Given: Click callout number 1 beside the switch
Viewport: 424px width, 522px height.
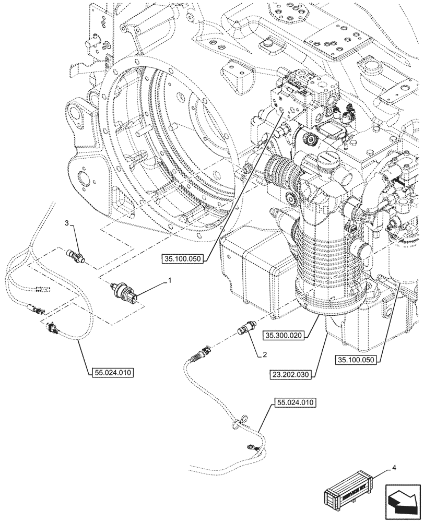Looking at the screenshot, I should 169,281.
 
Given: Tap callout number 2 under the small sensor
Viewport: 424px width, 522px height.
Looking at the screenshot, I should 265,355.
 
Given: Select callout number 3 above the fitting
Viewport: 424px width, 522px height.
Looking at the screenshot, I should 66,223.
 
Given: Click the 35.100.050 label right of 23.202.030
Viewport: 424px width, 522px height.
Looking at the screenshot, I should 356,360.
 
